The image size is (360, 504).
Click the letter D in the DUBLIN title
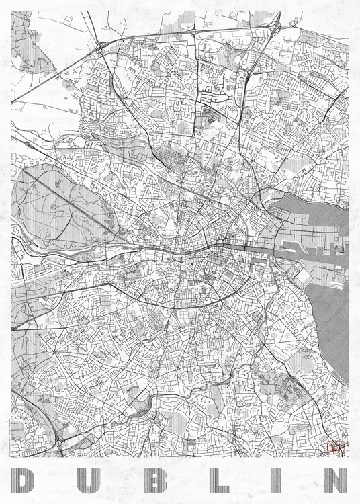pyautogui.click(x=28, y=480)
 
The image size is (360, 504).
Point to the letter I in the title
pyautogui.click(x=269, y=480)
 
